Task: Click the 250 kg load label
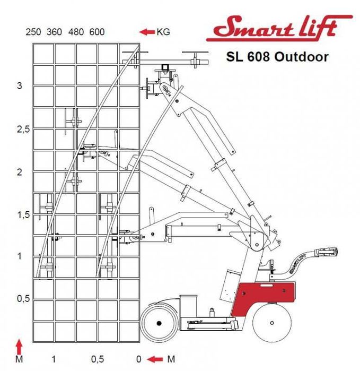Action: (x=33, y=32)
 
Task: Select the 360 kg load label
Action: (x=54, y=32)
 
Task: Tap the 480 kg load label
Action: (x=75, y=32)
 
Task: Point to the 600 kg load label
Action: (x=96, y=32)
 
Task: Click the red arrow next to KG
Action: (x=146, y=32)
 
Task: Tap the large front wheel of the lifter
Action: (x=160, y=322)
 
